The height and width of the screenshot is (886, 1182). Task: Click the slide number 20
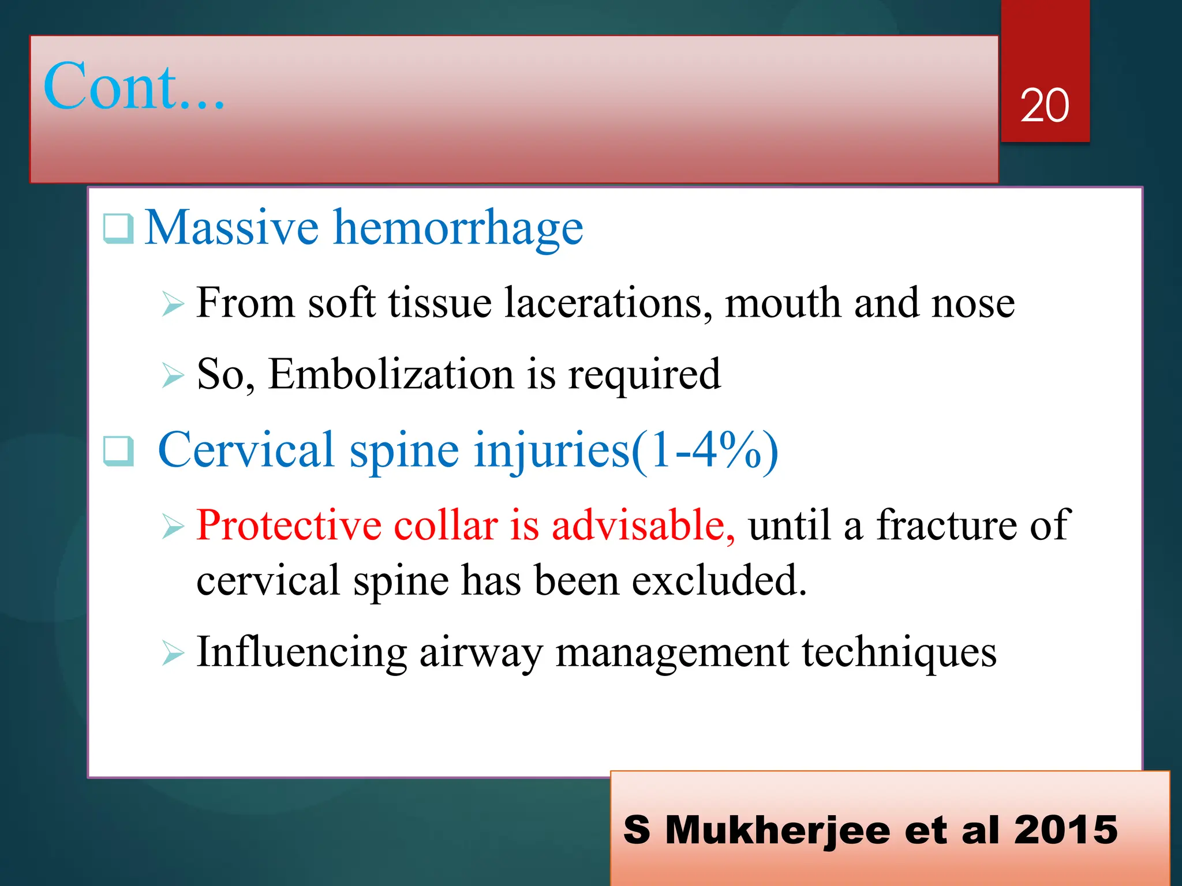coord(1044,106)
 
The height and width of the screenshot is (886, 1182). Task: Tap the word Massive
coord(231,227)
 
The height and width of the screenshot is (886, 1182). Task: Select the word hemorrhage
coord(459,228)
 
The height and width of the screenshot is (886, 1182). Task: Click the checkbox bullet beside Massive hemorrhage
coord(118,228)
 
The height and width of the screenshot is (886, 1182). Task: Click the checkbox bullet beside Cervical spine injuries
coord(118,451)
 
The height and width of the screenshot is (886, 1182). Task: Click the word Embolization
coord(391,374)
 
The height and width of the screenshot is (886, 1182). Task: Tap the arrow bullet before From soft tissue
coord(173,304)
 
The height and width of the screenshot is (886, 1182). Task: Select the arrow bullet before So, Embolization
coord(173,376)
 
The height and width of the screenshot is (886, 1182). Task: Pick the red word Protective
coord(289,525)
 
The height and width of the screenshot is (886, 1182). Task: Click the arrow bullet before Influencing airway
coord(173,654)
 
